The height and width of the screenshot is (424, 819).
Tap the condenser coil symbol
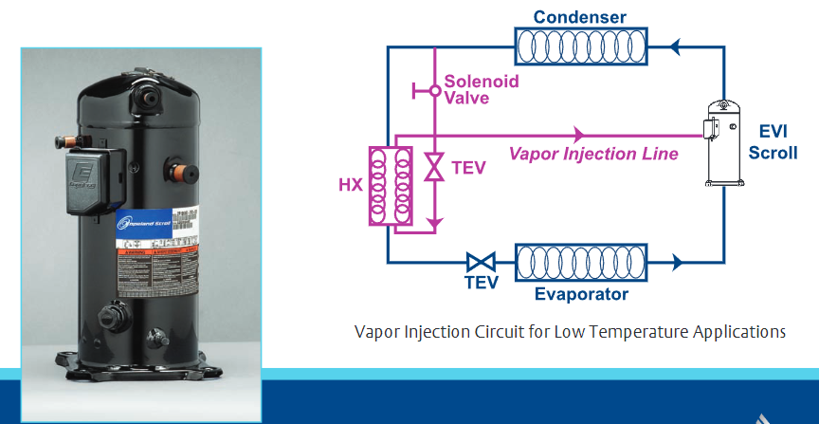tap(580, 44)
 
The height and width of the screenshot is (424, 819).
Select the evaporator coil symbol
tap(580, 260)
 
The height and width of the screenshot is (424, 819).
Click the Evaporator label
tap(581, 294)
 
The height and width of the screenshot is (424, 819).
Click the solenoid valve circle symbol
tap(434, 91)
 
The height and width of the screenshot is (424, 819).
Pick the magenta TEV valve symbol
tap(434, 168)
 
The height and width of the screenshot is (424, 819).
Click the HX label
tap(350, 185)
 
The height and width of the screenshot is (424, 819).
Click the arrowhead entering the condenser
tap(675, 44)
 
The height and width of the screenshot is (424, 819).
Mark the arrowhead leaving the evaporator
tap(675, 260)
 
